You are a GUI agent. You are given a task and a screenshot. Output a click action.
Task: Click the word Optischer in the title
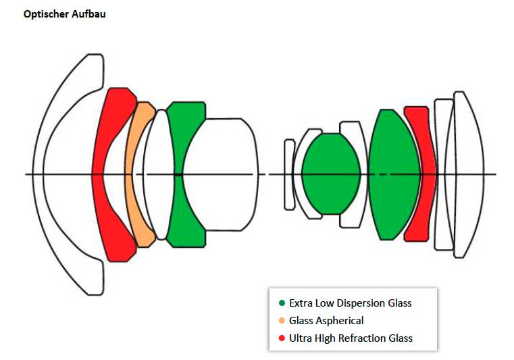click(45, 14)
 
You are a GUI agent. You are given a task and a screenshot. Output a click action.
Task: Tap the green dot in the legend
click(282, 303)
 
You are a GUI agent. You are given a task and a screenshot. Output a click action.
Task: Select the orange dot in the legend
click(282, 321)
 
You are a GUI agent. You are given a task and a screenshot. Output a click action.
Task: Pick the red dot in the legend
click(282, 338)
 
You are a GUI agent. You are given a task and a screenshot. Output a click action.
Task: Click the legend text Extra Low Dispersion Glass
click(350, 303)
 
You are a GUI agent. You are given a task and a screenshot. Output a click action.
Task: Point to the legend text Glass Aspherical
click(326, 321)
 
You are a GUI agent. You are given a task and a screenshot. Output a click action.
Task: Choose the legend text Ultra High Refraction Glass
click(351, 338)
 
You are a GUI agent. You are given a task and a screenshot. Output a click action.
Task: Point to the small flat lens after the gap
click(289, 174)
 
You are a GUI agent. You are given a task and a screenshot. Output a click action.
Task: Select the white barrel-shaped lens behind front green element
click(223, 174)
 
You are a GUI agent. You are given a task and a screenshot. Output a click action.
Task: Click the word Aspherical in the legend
click(341, 321)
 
